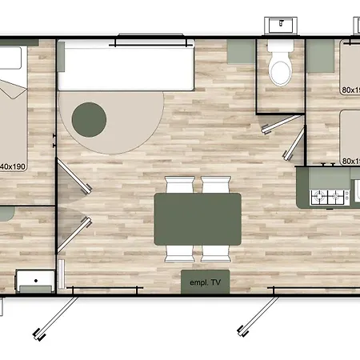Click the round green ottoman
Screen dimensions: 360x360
pos(89,119)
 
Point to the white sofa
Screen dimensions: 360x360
pos(126,66)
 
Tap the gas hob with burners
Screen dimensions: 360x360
pos(326,194)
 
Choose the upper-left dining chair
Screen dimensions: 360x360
pos(178,185)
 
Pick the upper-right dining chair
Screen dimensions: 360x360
pos(214,185)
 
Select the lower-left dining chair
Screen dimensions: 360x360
pos(178,253)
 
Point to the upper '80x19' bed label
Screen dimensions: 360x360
pos(350,90)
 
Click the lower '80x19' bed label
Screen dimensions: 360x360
pos(350,160)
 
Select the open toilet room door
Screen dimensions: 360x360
pos(293,142)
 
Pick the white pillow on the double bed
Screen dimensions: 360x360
pos(10,58)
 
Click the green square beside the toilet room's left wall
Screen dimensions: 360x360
pos(238,51)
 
